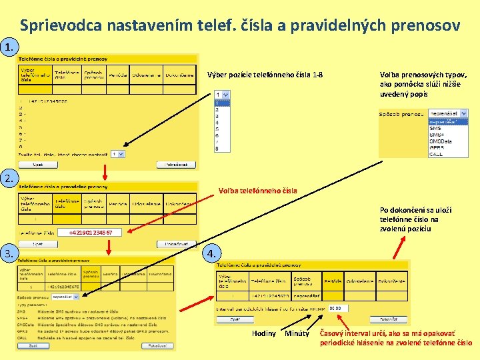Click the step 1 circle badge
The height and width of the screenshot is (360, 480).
(x=9, y=47)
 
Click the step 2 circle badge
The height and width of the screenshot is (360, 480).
(x=9, y=178)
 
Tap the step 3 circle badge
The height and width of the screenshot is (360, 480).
(x=9, y=253)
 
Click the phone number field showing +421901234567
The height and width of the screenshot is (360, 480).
(x=95, y=233)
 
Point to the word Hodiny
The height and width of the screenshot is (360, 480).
(x=264, y=333)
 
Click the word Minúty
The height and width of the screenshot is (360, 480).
(x=296, y=333)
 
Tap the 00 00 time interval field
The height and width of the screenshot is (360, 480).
(x=338, y=309)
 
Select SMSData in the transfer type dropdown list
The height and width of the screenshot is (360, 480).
(x=439, y=141)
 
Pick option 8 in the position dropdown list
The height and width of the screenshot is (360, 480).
(x=217, y=149)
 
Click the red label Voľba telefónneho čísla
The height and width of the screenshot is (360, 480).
(x=258, y=191)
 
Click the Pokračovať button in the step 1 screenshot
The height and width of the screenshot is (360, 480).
(x=176, y=164)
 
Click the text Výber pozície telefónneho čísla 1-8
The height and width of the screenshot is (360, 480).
(x=265, y=75)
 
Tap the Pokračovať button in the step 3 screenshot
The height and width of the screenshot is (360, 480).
(x=157, y=346)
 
